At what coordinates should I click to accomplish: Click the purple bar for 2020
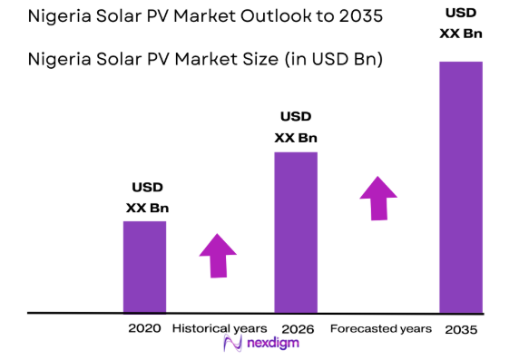(144, 267)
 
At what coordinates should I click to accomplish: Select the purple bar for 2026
(296, 232)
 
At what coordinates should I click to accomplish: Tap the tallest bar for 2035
(460, 187)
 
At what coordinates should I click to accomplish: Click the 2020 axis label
(145, 327)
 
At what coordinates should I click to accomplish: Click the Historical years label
(220, 327)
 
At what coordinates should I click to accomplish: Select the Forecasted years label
(380, 327)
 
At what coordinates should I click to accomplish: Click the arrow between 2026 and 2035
(378, 197)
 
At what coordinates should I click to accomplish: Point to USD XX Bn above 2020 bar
(147, 198)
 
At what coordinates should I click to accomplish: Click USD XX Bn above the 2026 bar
(296, 127)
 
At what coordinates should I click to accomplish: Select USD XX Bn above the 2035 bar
(460, 24)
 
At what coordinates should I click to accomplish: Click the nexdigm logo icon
(231, 345)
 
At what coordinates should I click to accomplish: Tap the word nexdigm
(270, 345)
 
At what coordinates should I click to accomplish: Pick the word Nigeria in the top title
(60, 18)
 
